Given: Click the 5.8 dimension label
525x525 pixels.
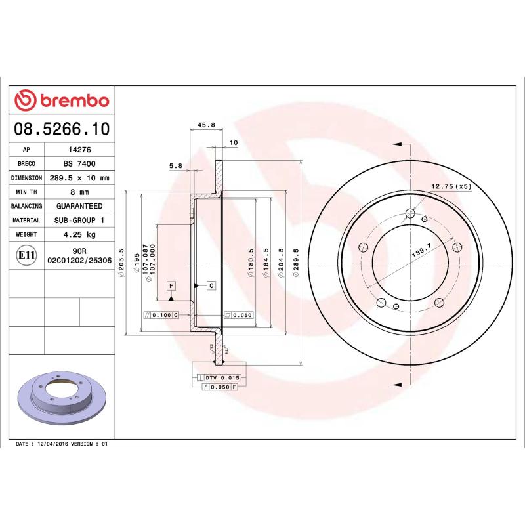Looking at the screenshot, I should click(175, 166).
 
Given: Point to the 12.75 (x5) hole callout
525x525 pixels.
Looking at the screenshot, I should click(451, 186).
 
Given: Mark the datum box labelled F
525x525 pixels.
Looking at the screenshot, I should click(171, 285).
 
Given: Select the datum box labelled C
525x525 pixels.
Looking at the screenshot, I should click(211, 285).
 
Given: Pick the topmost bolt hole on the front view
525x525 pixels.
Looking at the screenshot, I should click(410, 213).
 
